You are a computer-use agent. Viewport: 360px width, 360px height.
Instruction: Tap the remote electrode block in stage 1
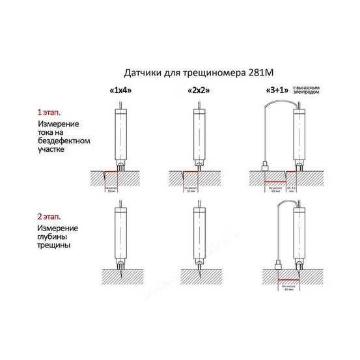pos(264,167)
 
